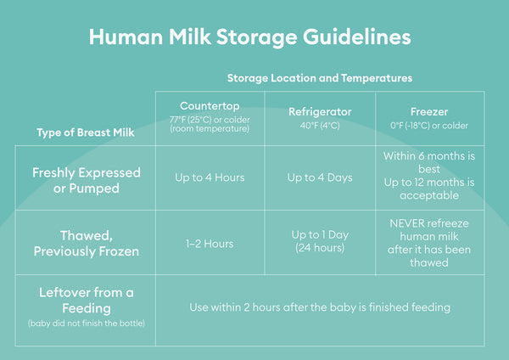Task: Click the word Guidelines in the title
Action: click(357, 37)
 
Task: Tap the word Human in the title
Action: click(126, 37)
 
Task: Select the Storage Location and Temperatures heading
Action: click(320, 78)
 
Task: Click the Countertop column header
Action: click(210, 106)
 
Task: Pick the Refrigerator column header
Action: click(320, 112)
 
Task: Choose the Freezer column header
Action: click(429, 112)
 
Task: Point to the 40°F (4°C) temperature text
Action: click(320, 126)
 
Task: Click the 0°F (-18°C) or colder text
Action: click(429, 126)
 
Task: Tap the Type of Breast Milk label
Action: click(86, 132)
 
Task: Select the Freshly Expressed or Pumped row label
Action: click(87, 180)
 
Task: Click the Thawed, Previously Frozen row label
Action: click(87, 244)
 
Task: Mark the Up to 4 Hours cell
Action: click(210, 177)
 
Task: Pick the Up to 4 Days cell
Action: click(320, 177)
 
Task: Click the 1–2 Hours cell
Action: click(210, 244)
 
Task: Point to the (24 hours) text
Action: click(320, 248)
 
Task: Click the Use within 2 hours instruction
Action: click(320, 307)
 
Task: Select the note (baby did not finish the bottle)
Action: click(87, 323)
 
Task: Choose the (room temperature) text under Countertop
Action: click(210, 129)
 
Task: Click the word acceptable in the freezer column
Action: click(429, 195)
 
